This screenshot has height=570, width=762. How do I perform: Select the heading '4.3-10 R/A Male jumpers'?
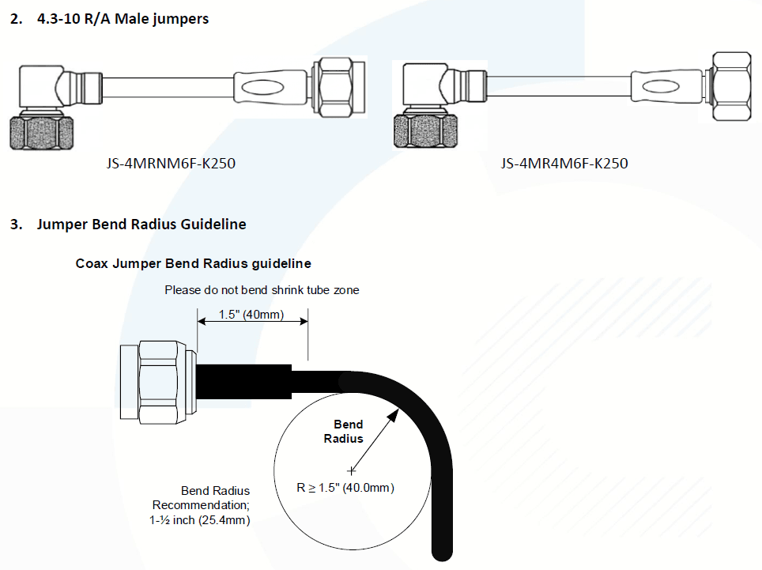pyautogui.click(x=123, y=18)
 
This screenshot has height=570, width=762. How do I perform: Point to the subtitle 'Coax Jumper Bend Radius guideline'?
pyautogui.click(x=193, y=263)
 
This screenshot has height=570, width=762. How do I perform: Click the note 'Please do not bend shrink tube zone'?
pyautogui.click(x=262, y=290)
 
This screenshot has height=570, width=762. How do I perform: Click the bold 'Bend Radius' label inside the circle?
pyautogui.click(x=348, y=432)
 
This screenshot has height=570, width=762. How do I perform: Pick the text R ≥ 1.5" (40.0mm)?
pyautogui.click(x=345, y=488)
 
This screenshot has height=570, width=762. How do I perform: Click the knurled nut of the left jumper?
pyautogui.click(x=43, y=131)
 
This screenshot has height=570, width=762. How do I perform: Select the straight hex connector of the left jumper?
pyautogui.click(x=340, y=86)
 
